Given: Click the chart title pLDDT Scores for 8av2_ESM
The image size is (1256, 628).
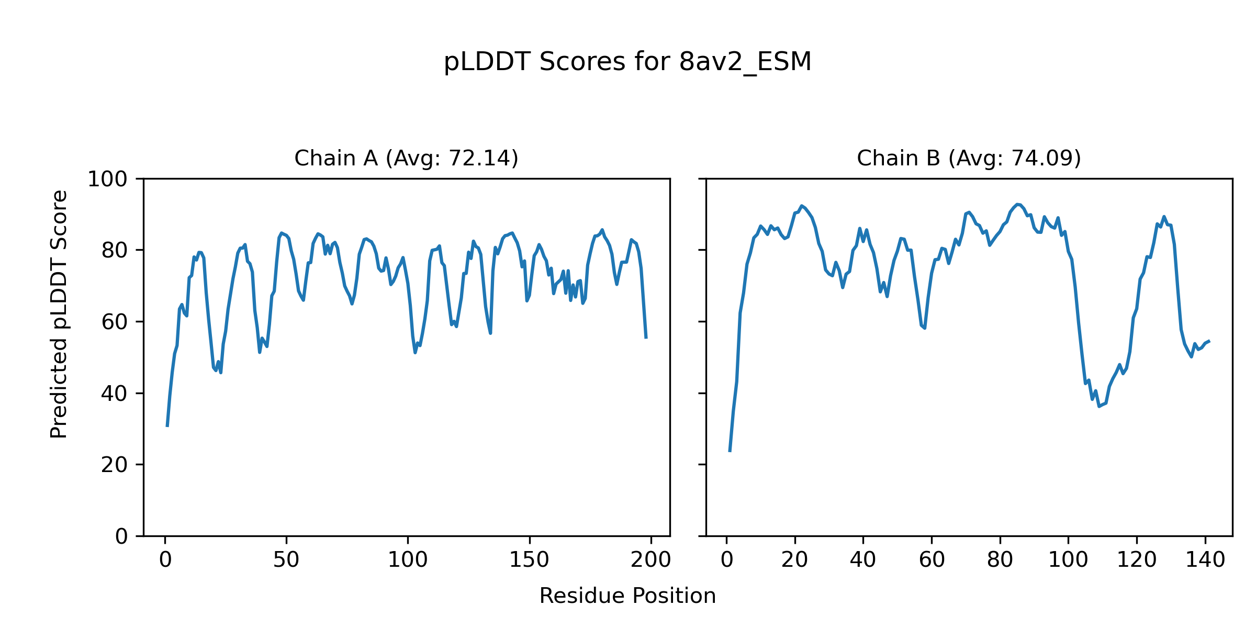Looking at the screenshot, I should (x=627, y=62).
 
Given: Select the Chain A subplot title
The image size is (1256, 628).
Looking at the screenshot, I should (x=406, y=158).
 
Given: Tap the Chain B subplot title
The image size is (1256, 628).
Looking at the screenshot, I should (x=969, y=158).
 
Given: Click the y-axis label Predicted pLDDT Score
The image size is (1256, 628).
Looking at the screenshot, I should (x=59, y=314).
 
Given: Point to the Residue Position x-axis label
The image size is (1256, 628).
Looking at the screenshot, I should (x=627, y=596).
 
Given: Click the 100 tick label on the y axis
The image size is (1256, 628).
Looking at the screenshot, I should (x=107, y=180).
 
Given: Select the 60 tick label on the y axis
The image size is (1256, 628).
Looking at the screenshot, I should (x=114, y=322).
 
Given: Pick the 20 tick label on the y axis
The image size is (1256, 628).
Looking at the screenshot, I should (x=114, y=465).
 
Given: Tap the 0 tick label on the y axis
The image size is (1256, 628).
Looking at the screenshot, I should (x=121, y=536).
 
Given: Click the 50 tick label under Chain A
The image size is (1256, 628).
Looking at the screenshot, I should (x=286, y=560).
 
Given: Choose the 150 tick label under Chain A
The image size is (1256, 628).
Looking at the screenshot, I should (x=529, y=560).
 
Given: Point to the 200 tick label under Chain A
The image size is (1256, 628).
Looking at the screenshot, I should (x=651, y=560).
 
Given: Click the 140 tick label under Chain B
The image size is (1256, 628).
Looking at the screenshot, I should (x=1205, y=560).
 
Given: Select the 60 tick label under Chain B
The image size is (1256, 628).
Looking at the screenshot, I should (x=932, y=560).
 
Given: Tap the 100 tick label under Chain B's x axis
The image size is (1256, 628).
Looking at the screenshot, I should (x=1068, y=560).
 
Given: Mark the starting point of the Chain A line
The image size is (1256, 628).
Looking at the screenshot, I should (x=167, y=426).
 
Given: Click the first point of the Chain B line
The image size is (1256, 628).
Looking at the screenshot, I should (x=730, y=451).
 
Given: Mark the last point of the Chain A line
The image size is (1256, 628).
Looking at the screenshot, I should (x=646, y=338).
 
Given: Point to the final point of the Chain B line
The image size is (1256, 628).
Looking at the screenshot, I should (x=1209, y=341).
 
